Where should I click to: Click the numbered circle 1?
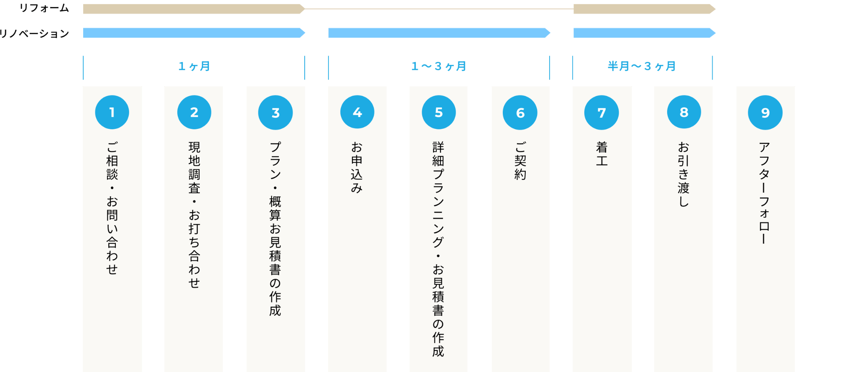(112, 112)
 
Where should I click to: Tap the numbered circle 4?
(357, 112)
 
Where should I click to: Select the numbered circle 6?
(520, 113)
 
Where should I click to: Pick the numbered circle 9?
(765, 113)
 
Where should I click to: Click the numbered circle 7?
(601, 113)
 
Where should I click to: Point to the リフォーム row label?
(44, 8)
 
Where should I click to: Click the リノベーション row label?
(34, 33)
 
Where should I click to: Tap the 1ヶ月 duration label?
(194, 66)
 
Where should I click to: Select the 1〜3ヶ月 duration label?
(438, 66)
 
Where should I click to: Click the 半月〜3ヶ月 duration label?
(642, 66)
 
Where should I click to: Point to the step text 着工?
(601, 154)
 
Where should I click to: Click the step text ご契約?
(520, 161)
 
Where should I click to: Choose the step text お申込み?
(357, 167)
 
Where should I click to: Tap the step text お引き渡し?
(683, 174)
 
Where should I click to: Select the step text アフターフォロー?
(764, 192)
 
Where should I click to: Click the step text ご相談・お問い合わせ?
(112, 208)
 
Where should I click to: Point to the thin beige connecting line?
(439, 9)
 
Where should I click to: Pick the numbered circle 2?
(194, 112)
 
